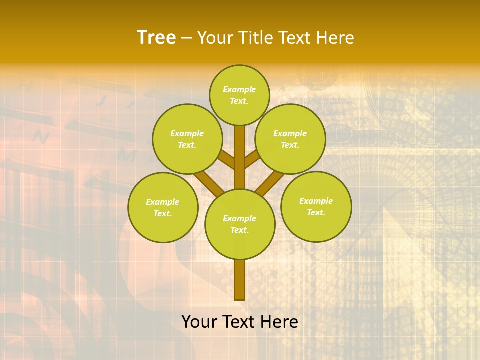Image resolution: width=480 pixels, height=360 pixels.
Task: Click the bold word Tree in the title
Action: [156, 38]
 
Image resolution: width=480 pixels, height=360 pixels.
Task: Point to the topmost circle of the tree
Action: [239, 95]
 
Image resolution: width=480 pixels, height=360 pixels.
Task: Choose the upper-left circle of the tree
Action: [187, 139]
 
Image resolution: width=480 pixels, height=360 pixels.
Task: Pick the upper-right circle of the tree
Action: [290, 139]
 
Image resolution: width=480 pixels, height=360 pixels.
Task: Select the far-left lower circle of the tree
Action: [163, 207]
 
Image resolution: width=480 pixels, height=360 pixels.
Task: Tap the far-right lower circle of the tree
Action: [316, 206]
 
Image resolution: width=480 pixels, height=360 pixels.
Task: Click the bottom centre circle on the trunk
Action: [240, 224]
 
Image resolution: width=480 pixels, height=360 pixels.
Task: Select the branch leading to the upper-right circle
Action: [252, 159]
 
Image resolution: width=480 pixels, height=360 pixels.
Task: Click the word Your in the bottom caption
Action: [199, 322]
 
